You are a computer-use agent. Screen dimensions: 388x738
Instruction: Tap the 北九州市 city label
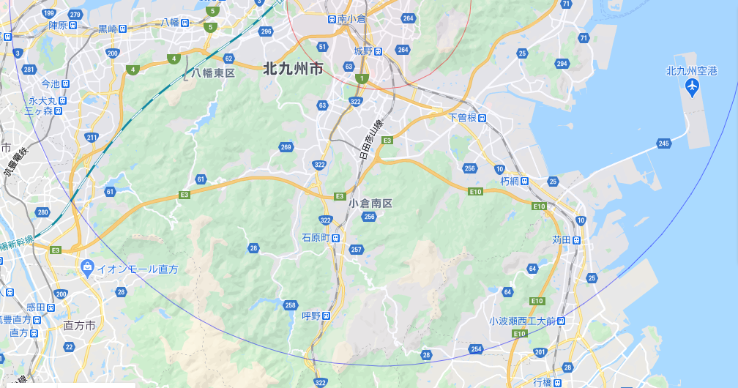[292, 70]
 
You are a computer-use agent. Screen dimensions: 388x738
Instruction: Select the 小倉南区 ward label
[370, 203]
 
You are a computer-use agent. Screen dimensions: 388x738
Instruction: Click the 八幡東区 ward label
[213, 73]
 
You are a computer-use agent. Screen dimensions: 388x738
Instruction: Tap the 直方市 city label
[80, 325]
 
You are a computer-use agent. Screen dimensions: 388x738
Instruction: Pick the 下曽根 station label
[463, 117]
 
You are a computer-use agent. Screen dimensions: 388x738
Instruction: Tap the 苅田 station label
[562, 239]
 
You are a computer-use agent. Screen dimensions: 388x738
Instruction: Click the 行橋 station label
[543, 382]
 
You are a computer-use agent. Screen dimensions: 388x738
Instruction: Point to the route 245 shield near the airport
[664, 143]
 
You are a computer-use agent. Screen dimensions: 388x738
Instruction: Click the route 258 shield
[290, 305]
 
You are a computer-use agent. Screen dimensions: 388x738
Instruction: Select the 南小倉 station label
[352, 18]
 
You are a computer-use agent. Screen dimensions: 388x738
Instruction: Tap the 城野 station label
[363, 51]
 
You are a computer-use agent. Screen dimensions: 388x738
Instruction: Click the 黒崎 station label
[108, 29]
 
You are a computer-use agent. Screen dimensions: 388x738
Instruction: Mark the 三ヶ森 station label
[39, 111]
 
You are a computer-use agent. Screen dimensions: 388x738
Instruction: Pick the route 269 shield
[286, 148]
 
